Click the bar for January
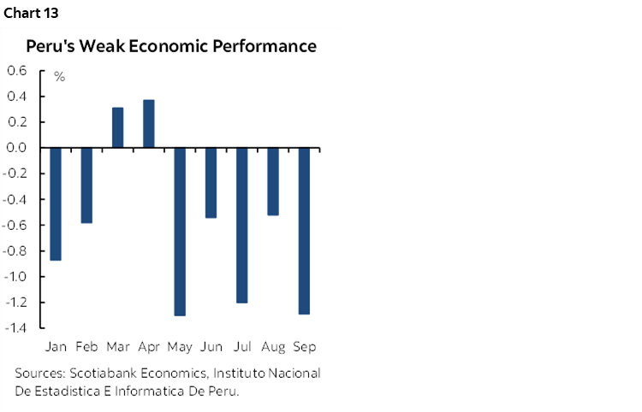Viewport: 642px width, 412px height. (x=56, y=203)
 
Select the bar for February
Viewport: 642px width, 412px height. (x=86, y=185)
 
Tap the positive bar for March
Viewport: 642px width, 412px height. (x=117, y=127)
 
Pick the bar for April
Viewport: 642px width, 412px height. (x=148, y=124)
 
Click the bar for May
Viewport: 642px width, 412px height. (x=180, y=232)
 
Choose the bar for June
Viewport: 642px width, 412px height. (x=211, y=183)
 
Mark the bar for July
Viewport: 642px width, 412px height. (x=241, y=225)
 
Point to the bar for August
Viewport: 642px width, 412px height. (x=273, y=181)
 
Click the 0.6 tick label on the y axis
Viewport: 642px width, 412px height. (x=18, y=70)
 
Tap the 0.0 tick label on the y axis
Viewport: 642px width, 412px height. (x=18, y=148)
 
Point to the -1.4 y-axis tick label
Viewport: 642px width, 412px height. (x=16, y=328)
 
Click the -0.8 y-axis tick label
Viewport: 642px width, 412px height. (x=16, y=251)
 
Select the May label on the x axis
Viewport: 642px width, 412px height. (x=180, y=347)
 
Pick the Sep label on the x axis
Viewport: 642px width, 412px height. (x=305, y=347)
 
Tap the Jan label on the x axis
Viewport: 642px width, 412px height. (x=56, y=347)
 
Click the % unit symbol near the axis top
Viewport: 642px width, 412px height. (x=60, y=77)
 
